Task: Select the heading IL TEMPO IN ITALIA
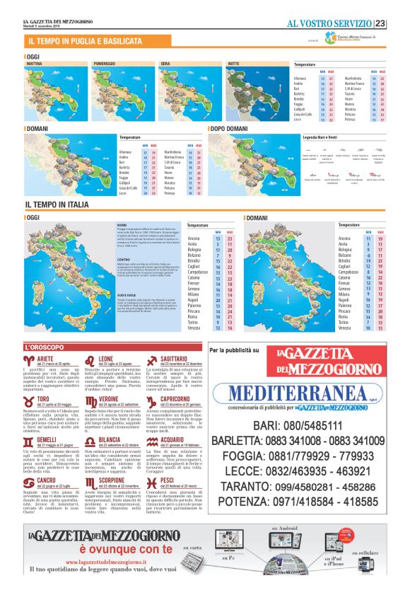[x=57, y=204]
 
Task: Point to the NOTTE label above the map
[x=233, y=64]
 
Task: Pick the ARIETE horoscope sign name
[x=46, y=359]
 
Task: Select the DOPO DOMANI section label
[x=231, y=129]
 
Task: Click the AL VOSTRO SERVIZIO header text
[x=329, y=23]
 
